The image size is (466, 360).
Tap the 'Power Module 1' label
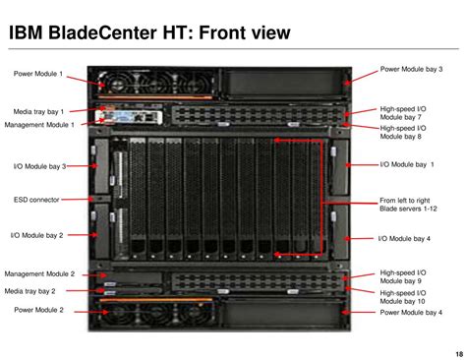(38, 74)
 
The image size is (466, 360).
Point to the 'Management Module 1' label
(39, 125)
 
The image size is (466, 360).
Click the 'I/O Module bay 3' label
(39, 167)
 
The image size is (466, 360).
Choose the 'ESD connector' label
(36, 200)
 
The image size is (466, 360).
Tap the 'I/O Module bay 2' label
(36, 236)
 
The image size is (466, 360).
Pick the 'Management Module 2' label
(39, 274)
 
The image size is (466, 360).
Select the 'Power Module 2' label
(38, 310)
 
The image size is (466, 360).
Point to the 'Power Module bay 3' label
(411, 70)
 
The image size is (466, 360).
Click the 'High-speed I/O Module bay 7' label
(403, 113)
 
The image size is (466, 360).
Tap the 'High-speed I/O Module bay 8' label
(403, 133)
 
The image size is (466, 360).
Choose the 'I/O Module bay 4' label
(404, 239)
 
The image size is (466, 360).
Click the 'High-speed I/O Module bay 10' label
(403, 297)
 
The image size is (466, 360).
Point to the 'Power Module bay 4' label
(411, 313)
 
